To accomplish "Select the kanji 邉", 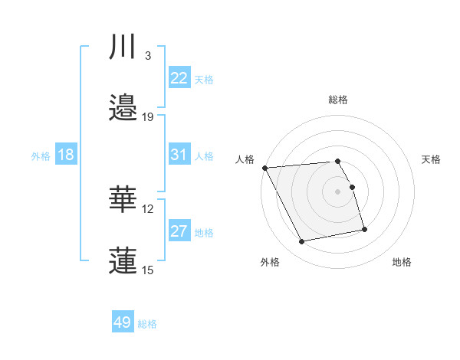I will coord(124,106).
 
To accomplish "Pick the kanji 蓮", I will coord(124,260).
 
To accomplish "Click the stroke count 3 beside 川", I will coord(147,55).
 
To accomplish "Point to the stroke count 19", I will coord(148,116).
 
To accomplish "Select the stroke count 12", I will coord(148,208).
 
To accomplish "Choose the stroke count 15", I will coord(148,270).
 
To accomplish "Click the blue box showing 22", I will coord(179,78).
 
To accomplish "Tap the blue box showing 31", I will coord(179,155).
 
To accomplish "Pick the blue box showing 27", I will coord(179,231).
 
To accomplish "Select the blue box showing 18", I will coord(66,155).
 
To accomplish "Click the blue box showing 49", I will coord(123,322).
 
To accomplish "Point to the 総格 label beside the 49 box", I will coord(147,324).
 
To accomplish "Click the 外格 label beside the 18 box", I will coord(41,156).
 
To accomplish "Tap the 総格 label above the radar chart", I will coord(338,100).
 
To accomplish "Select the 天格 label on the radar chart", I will coord(432,159).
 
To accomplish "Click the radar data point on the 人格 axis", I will coord(264,168).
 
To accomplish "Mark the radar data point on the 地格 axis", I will coord(364,229).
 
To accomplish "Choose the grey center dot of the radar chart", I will coord(338,191).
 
